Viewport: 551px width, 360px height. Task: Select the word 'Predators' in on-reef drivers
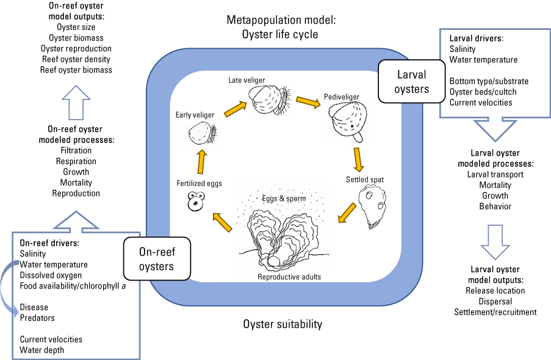37,318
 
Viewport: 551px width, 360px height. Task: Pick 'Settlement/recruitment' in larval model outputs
495,312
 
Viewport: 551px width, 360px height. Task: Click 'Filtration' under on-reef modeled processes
76,150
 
